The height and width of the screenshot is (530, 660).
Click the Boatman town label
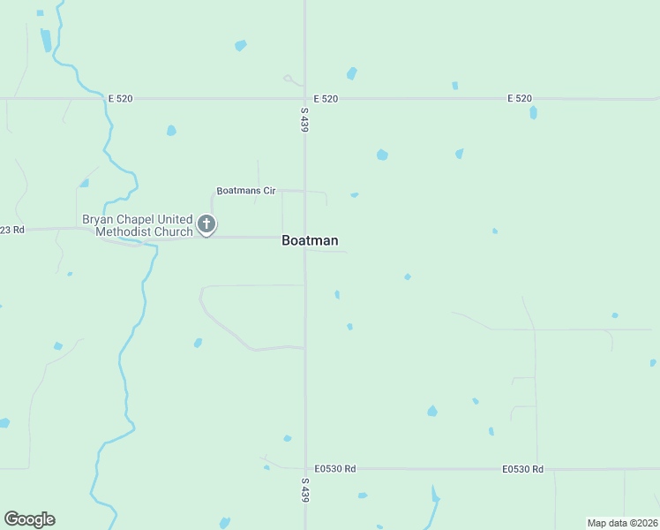310,240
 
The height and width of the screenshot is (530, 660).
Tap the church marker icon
206,224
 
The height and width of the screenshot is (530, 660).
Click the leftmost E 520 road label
120,99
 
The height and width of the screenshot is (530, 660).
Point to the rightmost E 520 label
520,98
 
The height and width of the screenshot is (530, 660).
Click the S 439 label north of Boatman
304,120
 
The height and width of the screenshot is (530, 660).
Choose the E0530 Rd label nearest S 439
335,468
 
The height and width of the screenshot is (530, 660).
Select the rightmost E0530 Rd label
523,468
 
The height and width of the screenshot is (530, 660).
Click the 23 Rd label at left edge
12,230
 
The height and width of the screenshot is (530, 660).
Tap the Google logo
29,519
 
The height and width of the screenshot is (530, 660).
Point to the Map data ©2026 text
622,523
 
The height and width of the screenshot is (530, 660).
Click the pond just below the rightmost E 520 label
534,113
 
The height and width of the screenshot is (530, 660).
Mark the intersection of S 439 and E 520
305,98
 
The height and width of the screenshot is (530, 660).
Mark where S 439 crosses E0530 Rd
305,468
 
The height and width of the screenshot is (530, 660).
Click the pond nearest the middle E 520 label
352,73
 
